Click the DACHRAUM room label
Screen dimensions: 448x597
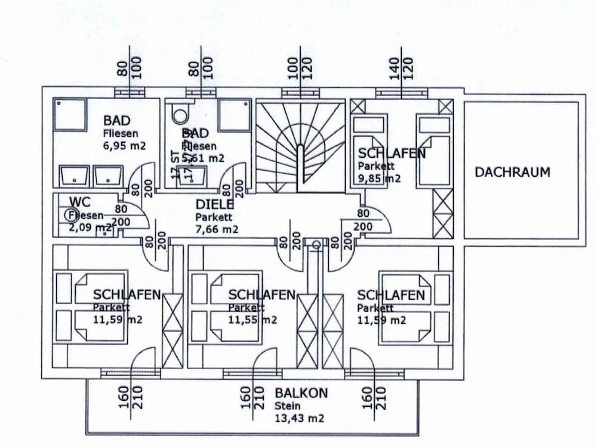(x=512, y=173)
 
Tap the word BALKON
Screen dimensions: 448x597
(x=301, y=393)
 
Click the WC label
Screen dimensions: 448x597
(x=79, y=201)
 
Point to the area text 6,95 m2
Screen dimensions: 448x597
(x=124, y=145)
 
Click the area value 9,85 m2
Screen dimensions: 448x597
(x=379, y=178)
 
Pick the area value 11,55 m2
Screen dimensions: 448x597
(x=253, y=320)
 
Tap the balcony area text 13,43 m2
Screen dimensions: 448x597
(x=299, y=418)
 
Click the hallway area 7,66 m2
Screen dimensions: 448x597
(x=217, y=229)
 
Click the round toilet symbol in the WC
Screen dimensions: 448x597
(x=72, y=214)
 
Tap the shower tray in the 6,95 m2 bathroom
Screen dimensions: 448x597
(x=71, y=115)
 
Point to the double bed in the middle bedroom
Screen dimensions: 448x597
(x=227, y=308)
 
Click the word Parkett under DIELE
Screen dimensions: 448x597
(x=214, y=217)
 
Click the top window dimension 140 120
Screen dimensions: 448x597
(x=401, y=69)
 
